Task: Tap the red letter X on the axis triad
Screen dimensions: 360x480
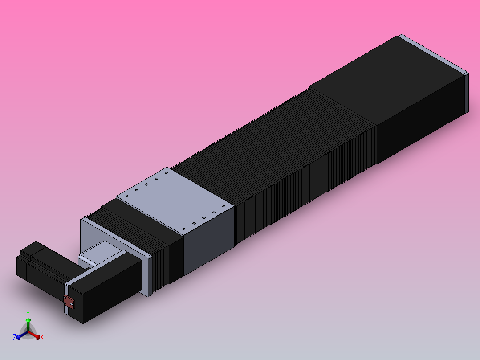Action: pyautogui.click(x=42, y=338)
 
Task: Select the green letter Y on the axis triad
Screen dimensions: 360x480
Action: pyautogui.click(x=28, y=313)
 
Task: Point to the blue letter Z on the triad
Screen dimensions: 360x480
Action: pyautogui.click(x=15, y=337)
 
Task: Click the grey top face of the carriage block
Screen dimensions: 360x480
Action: pyautogui.click(x=174, y=200)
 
